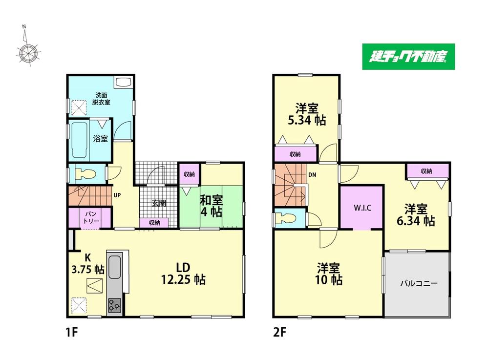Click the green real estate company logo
click(408, 57)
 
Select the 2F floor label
click(279, 333)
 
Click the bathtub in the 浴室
click(79, 140)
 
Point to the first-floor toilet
click(85, 174)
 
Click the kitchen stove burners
click(114, 305)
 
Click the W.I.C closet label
click(362, 208)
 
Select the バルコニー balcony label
click(419, 283)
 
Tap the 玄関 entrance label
click(159, 204)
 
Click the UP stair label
click(117, 195)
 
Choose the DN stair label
click(312, 175)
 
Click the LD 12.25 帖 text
click(183, 274)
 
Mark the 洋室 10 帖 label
click(329, 274)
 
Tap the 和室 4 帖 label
click(212, 206)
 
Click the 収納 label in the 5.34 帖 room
click(295, 154)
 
